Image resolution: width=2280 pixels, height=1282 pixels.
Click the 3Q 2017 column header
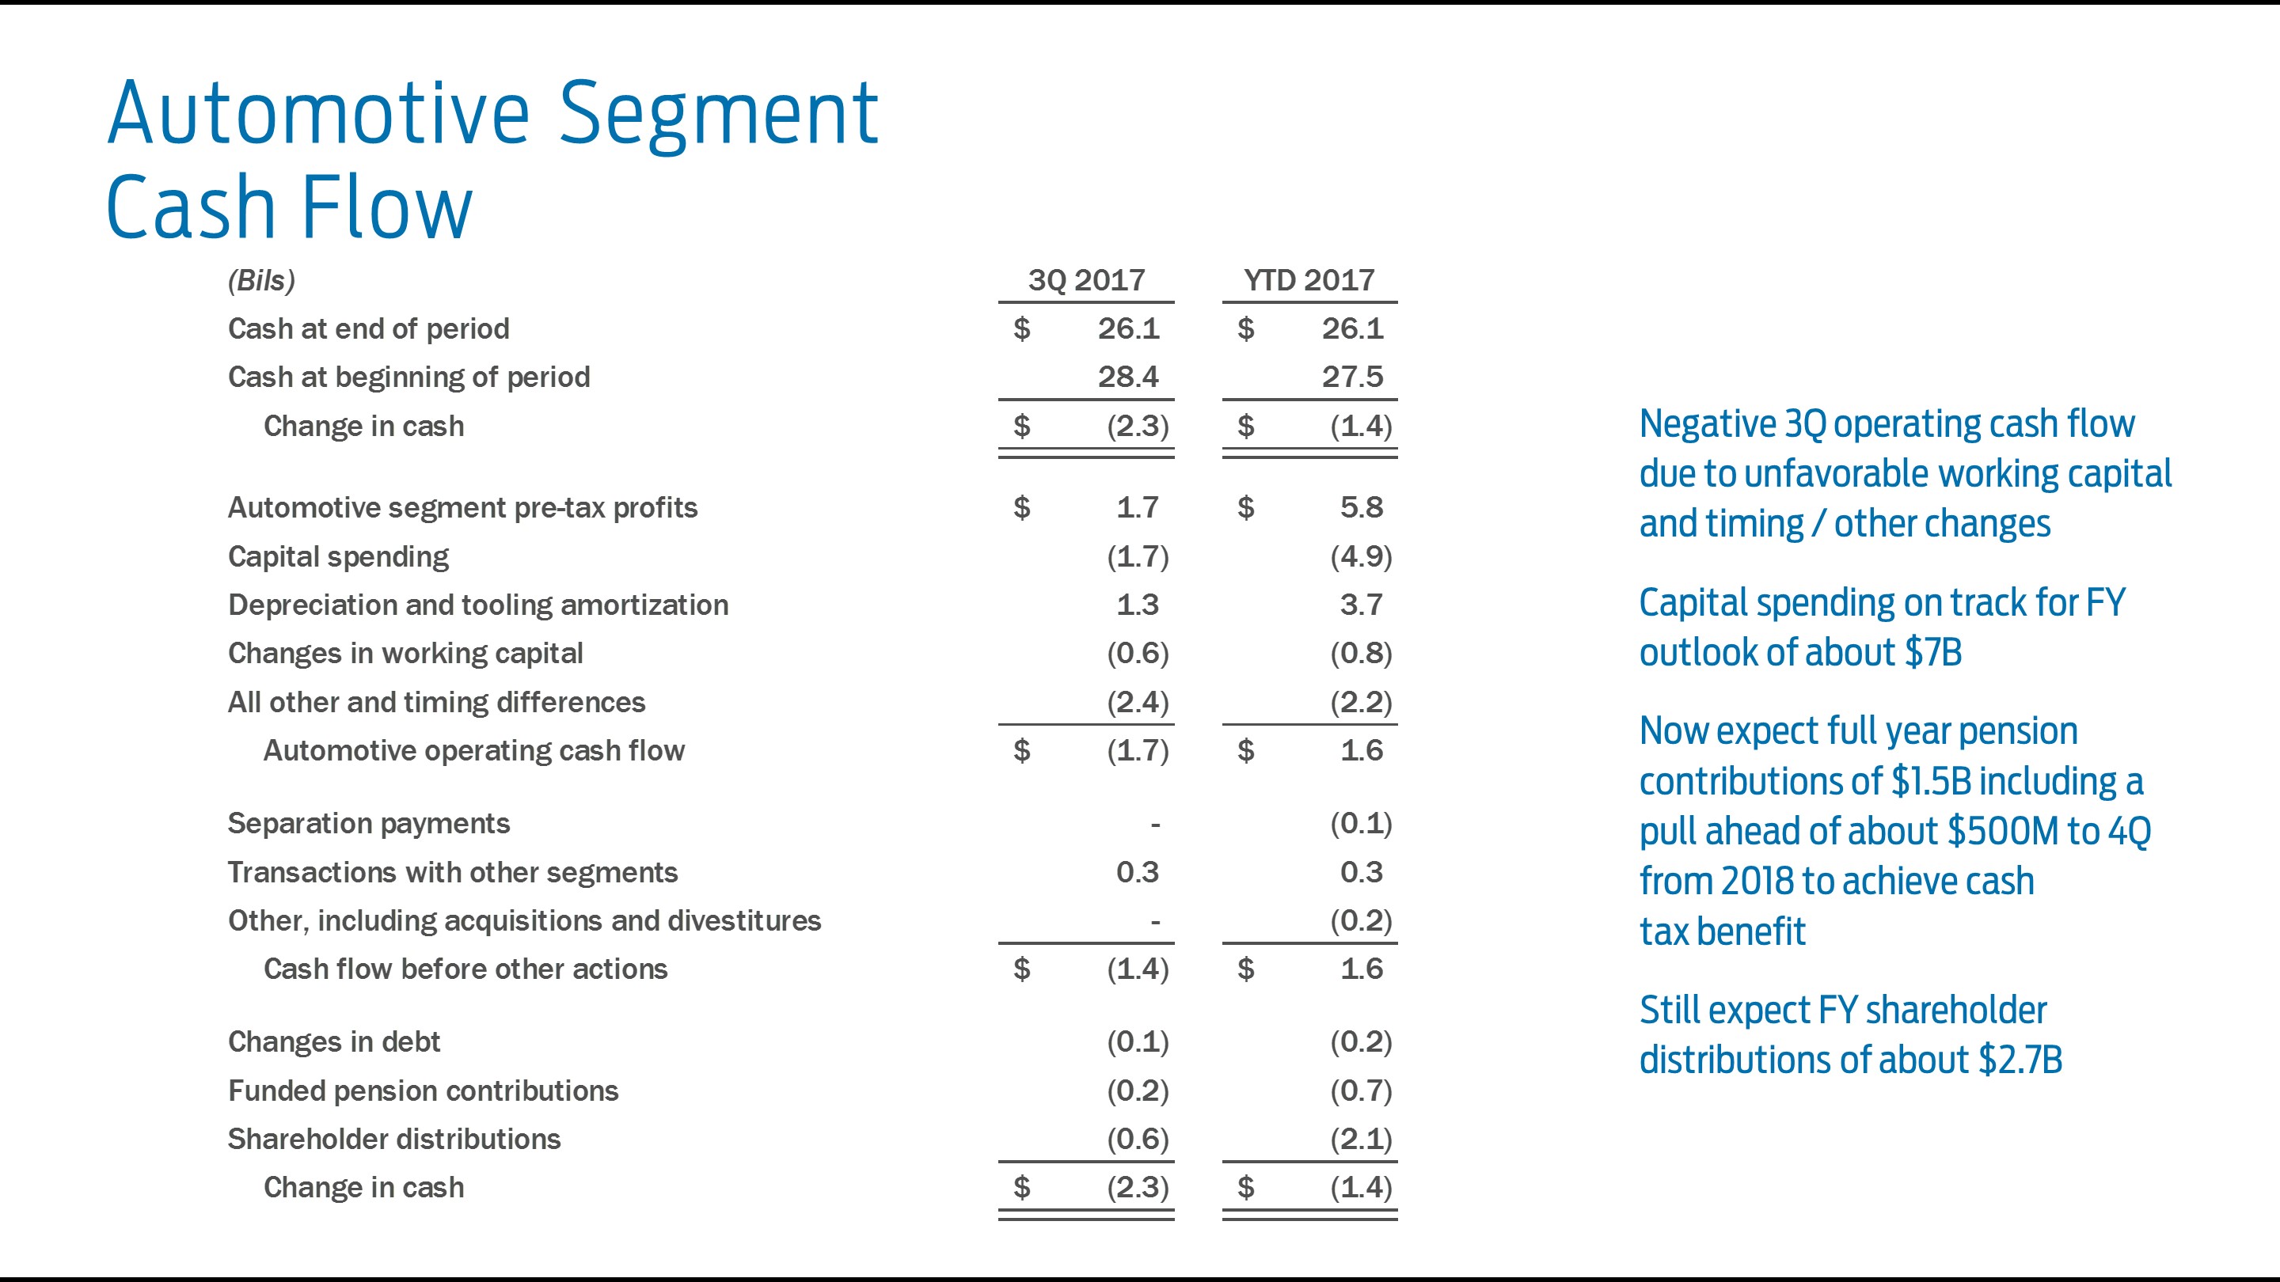[x=1086, y=280]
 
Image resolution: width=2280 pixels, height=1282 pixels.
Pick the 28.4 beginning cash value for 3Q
[x=1127, y=377]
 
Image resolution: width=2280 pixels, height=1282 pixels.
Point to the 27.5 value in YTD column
[x=1351, y=377]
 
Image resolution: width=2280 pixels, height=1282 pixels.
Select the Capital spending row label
[x=338, y=556]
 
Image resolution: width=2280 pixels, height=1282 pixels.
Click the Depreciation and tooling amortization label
[x=478, y=605]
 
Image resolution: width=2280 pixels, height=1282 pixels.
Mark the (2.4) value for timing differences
[x=1138, y=703]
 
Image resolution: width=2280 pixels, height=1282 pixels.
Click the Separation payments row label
[x=368, y=824]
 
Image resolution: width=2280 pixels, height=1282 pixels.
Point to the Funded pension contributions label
[x=423, y=1091]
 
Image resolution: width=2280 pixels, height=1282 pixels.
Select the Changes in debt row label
[x=333, y=1042]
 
